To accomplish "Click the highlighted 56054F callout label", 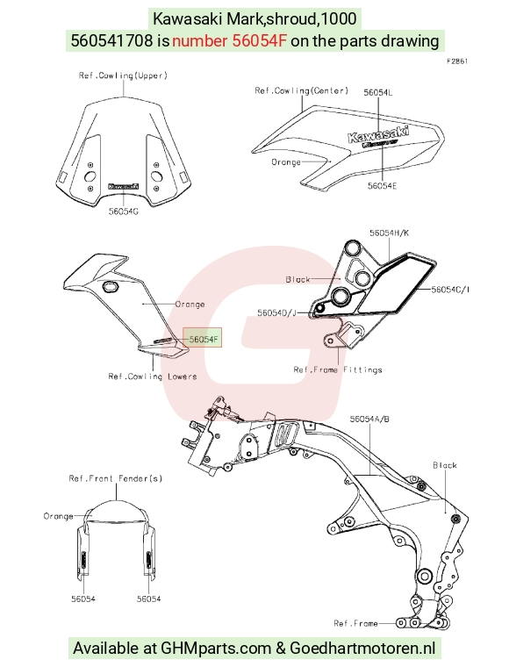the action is tap(203, 339).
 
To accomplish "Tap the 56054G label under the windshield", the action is tap(124, 211).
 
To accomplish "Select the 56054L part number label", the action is tap(378, 92).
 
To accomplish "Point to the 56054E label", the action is tap(383, 186).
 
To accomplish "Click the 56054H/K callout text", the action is tap(389, 233).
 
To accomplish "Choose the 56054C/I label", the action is tap(450, 290).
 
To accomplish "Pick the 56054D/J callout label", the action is tap(276, 313).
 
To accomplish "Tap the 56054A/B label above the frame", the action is tap(369, 419).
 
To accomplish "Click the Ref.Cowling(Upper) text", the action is tap(124, 75).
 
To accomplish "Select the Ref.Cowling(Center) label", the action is tap(302, 90).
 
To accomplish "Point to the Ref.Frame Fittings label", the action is tap(338, 369).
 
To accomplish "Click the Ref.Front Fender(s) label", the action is tap(116, 478).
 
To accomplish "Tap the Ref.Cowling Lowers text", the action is tap(152, 377).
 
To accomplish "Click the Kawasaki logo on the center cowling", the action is tap(378, 133).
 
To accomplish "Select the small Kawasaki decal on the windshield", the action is tap(124, 186).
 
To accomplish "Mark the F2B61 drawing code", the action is tap(457, 61).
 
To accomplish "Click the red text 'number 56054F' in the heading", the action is tap(229, 41).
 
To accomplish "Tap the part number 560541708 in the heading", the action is tap(111, 41).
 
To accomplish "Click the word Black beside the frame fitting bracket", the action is tap(298, 279).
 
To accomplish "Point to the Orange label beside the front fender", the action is tap(58, 516).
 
